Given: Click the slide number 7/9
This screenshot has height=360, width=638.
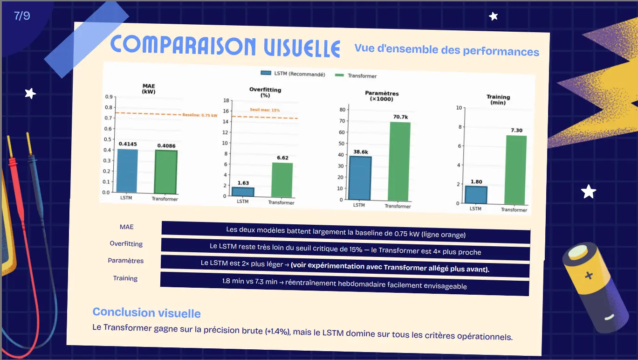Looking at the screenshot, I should click(22, 16).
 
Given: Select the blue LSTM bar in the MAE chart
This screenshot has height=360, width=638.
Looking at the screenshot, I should click(127, 171).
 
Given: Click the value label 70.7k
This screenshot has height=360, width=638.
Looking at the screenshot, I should click(400, 117).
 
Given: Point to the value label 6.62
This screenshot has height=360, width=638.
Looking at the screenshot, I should click(282, 158).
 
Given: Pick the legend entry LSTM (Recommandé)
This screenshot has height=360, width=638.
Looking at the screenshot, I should click(293, 74).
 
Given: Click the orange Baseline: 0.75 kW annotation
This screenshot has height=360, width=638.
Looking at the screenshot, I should click(199, 115).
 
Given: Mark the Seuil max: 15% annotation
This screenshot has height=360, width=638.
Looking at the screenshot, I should click(265, 110).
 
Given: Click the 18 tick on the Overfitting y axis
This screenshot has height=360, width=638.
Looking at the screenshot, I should click(226, 100).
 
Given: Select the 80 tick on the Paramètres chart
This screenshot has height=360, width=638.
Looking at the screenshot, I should click(342, 110).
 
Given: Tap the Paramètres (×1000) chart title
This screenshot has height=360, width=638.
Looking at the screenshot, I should click(382, 96).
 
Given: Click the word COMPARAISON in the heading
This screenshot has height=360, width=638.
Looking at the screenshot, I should click(183, 45).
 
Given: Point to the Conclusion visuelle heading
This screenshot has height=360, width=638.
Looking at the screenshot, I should click(146, 312).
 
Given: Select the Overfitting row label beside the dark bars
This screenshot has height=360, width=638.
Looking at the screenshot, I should click(126, 243).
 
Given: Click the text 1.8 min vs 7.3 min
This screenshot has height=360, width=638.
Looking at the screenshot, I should click(250, 281).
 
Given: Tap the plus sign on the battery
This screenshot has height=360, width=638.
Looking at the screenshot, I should click(589, 275).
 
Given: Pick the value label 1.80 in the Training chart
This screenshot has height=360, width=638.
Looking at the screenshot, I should click(477, 181).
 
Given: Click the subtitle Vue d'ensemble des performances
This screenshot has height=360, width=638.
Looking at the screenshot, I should click(446, 49).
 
